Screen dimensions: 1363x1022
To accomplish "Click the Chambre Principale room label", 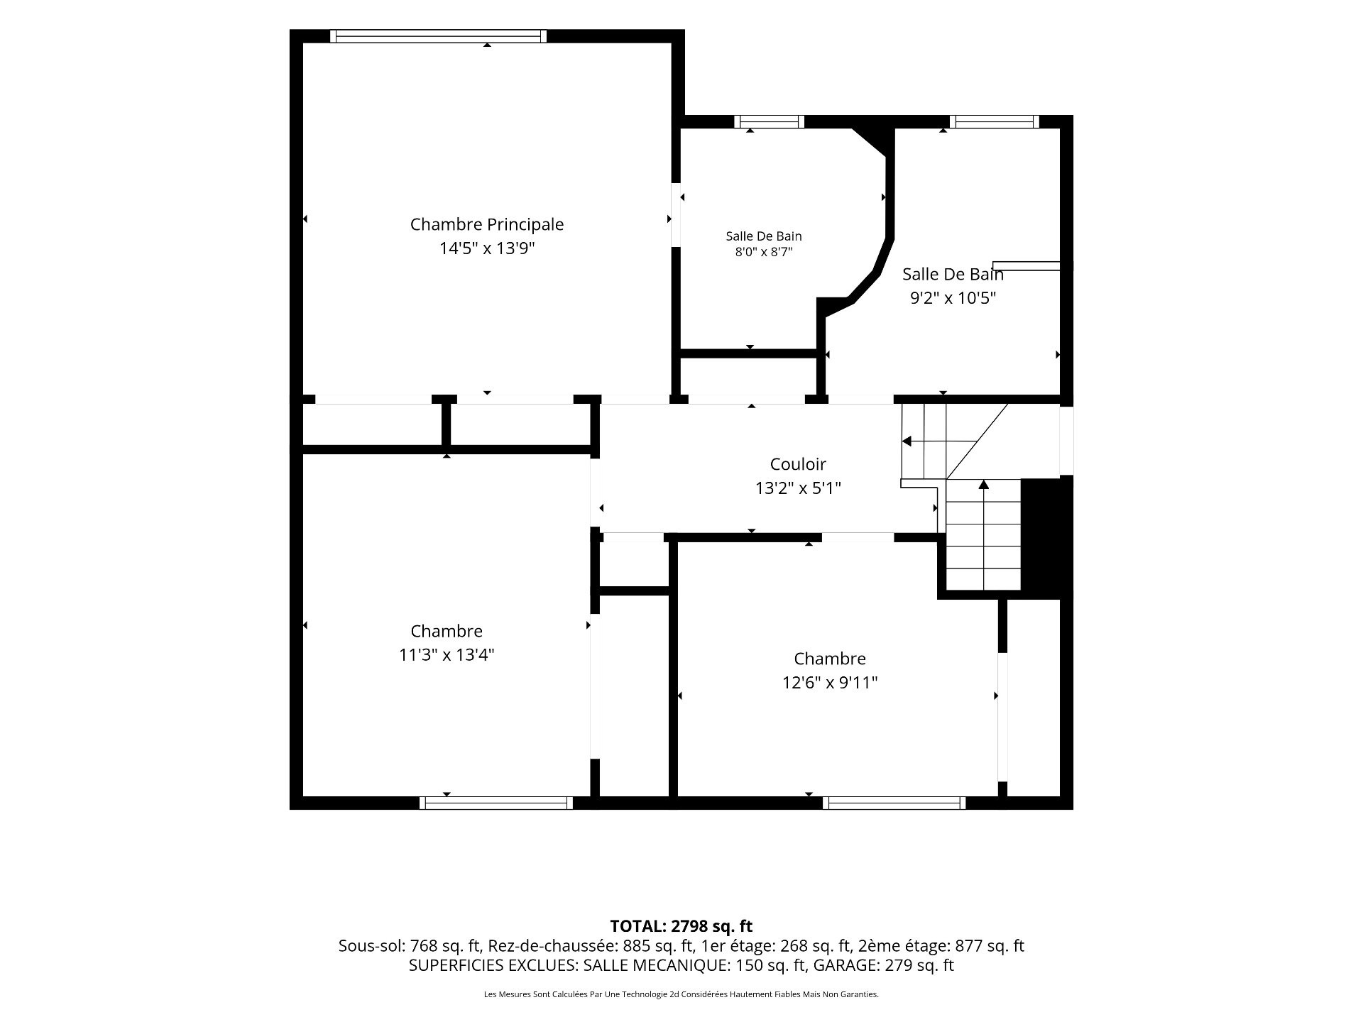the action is [487, 224].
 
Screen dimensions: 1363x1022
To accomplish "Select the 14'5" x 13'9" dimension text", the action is [487, 248].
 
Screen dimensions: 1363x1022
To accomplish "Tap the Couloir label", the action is [798, 464].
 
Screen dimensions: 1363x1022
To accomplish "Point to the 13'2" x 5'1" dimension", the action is [798, 488].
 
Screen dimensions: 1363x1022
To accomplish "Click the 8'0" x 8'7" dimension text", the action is [764, 252].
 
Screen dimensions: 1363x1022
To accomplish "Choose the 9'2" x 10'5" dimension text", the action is [953, 298].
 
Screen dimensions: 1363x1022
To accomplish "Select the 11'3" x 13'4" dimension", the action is [447, 655].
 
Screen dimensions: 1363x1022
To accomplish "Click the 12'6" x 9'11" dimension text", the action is [830, 683].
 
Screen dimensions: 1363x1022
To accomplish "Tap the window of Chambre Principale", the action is [439, 36].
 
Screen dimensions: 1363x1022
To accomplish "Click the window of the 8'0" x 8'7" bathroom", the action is [770, 122].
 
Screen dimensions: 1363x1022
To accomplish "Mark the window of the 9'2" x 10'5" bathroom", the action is [995, 122].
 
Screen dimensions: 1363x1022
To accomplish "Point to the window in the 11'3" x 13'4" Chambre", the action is [496, 803].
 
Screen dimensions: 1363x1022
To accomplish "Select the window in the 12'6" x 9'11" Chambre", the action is [894, 803].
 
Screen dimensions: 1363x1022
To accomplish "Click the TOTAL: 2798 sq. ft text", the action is [681, 926].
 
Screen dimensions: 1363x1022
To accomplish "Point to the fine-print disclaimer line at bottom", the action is [681, 994].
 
